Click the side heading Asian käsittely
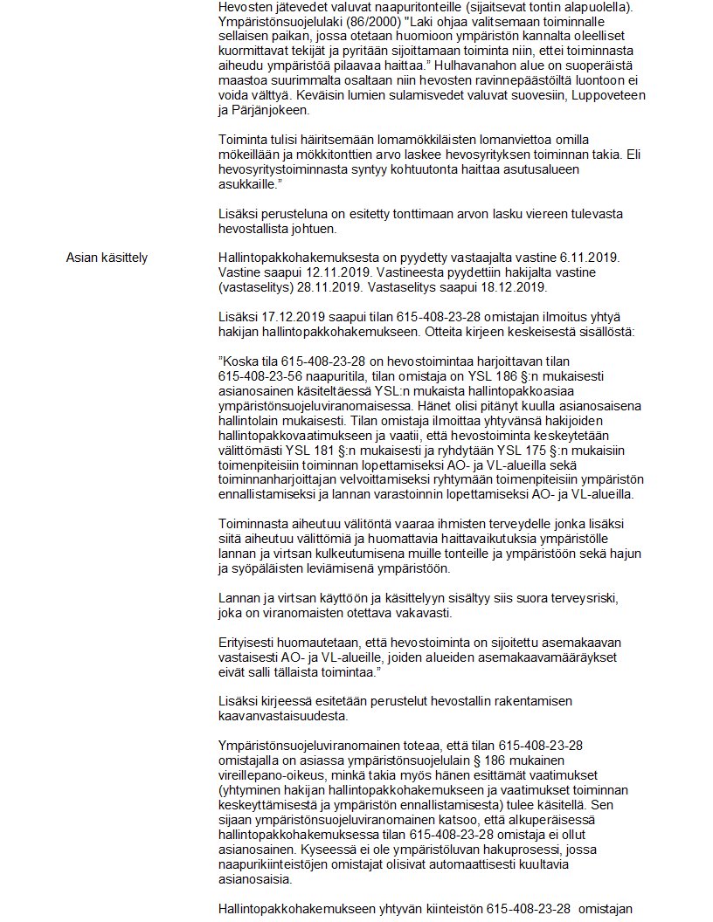[107, 258]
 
